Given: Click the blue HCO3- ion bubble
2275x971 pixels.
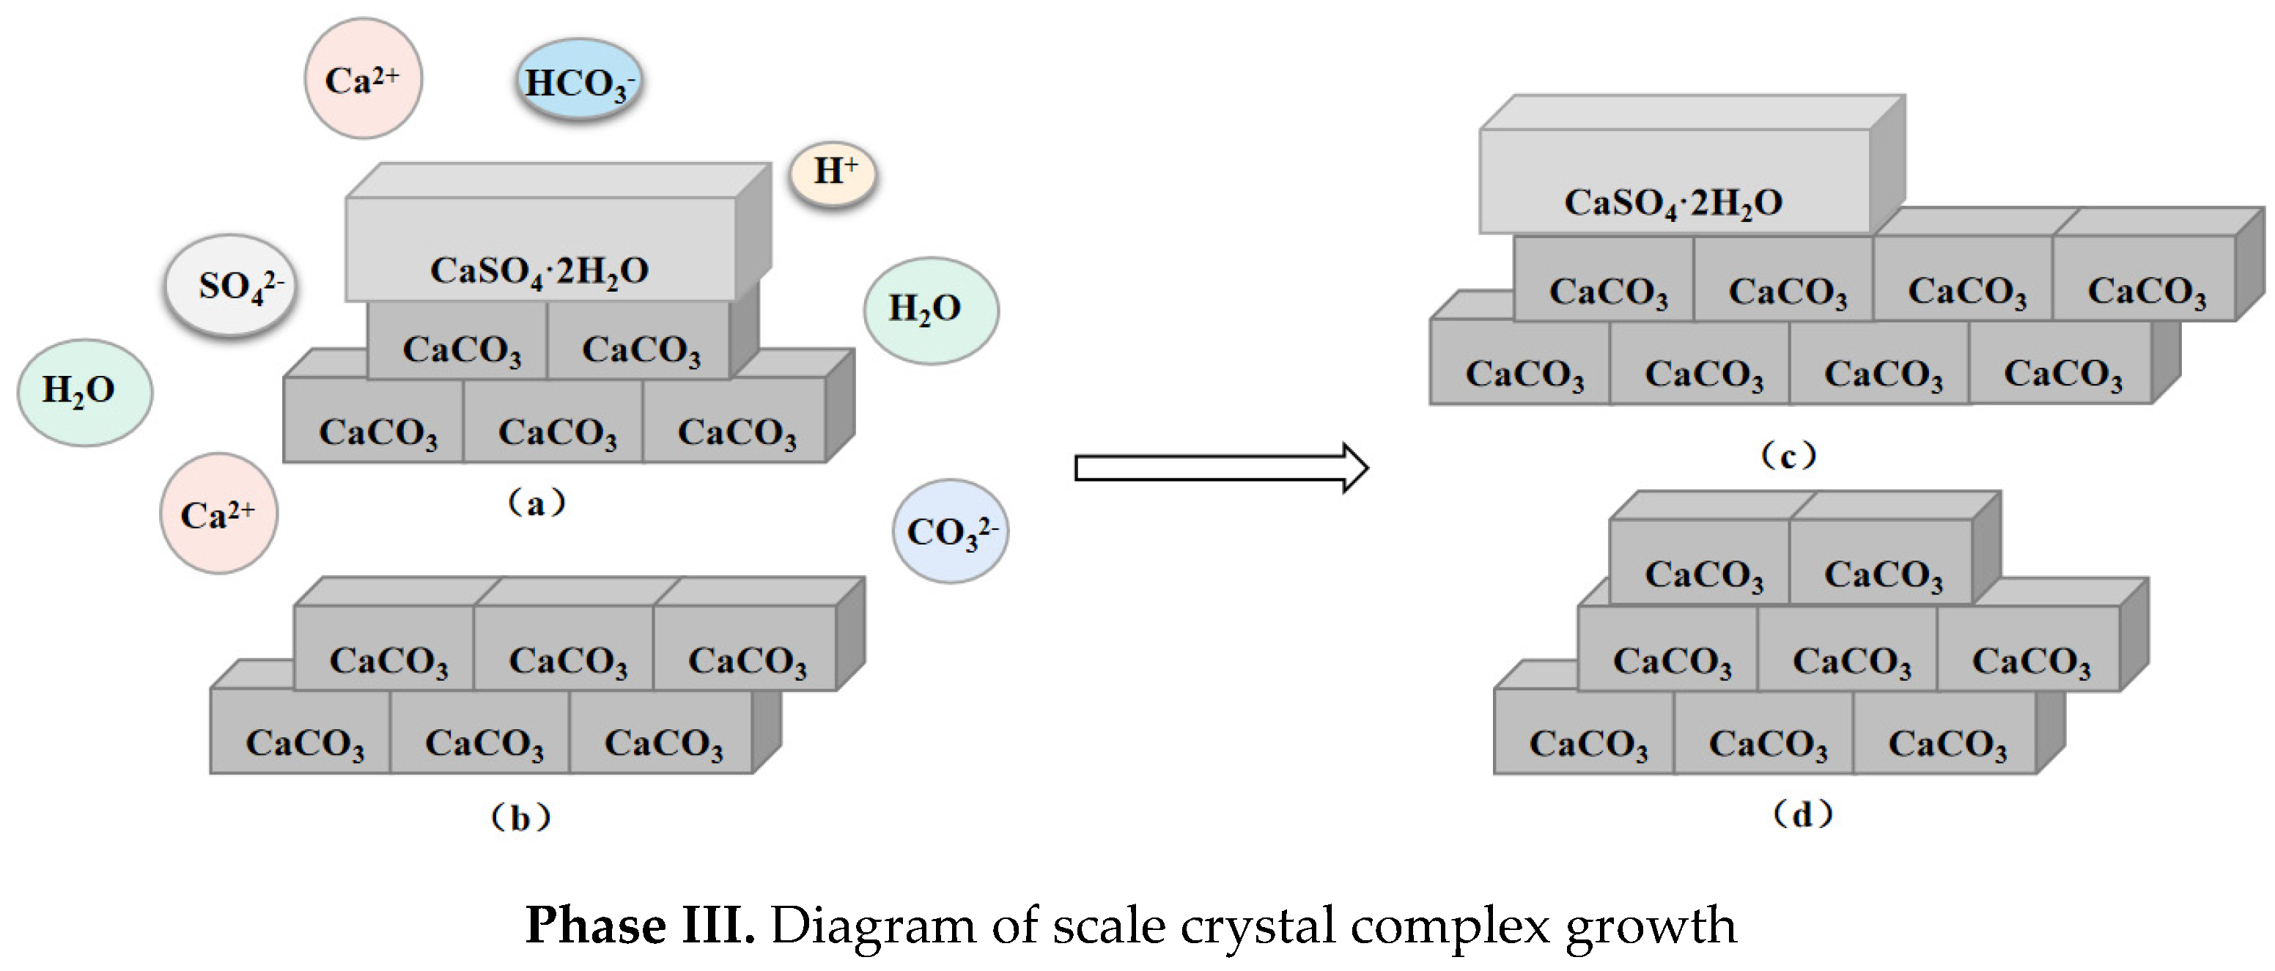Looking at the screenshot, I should [578, 81].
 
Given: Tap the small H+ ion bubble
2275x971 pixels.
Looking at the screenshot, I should [832, 173].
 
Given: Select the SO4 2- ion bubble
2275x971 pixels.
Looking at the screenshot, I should [232, 285].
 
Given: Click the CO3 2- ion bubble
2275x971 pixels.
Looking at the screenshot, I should [951, 531].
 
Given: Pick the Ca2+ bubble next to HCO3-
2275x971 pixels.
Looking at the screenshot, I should [363, 79].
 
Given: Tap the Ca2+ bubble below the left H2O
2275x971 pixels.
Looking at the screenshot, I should [218, 514].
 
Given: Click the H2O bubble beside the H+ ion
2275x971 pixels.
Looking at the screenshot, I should [930, 310].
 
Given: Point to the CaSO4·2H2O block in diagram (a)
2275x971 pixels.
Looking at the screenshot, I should [539, 256].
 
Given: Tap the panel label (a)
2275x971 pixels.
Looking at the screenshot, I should [536, 503].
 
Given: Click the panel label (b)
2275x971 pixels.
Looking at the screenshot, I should [520, 817].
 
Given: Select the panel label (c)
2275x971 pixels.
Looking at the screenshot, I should [1788, 457].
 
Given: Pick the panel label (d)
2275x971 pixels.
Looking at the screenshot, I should [1802, 813].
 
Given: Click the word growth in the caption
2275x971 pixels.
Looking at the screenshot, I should [1650, 927].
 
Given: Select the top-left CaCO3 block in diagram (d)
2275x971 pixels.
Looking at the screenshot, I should [1700, 565].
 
